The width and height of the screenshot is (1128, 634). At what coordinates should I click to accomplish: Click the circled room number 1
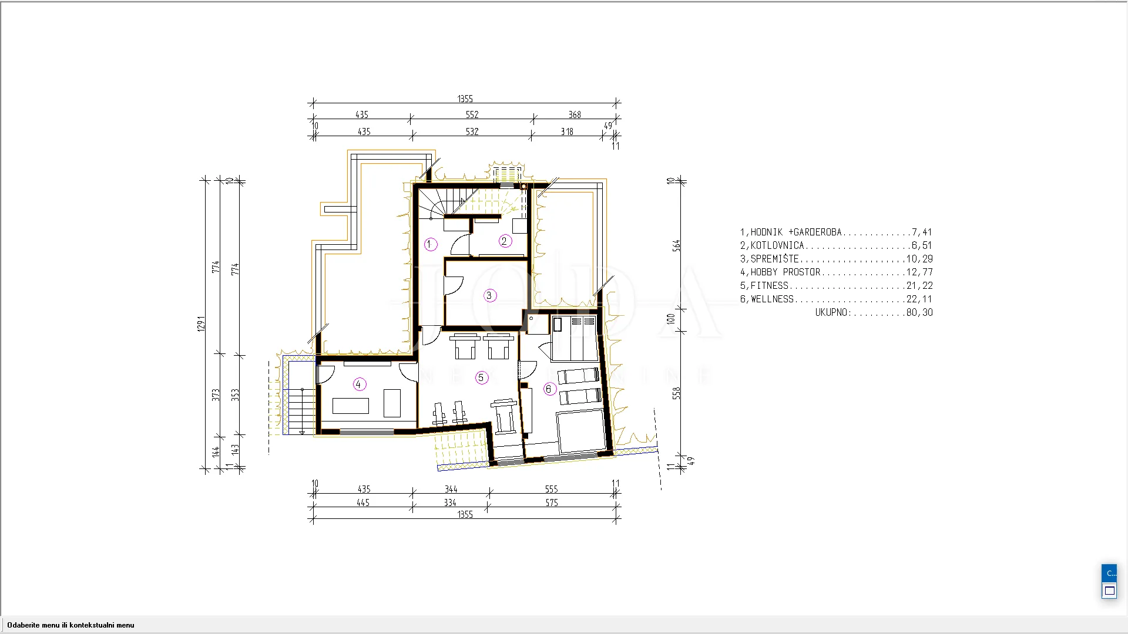431,244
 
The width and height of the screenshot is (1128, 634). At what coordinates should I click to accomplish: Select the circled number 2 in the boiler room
505,241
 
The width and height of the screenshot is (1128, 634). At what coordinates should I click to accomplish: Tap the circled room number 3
490,295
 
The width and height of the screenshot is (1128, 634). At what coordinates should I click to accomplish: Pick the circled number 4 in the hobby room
360,384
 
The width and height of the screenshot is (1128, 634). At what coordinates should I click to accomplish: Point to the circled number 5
482,377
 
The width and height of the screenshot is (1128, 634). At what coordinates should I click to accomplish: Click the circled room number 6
549,389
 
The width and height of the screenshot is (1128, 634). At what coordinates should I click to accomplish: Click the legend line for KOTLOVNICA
836,245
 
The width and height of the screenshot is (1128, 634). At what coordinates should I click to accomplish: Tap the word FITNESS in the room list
770,285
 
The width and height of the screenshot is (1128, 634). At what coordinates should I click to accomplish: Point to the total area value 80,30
919,312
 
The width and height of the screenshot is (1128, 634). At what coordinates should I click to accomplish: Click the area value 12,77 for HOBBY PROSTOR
919,272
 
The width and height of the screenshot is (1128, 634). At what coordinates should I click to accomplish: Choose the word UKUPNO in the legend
831,312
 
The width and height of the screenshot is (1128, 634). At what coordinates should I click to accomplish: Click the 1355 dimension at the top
465,99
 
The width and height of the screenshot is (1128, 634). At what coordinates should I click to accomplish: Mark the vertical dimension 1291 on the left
202,323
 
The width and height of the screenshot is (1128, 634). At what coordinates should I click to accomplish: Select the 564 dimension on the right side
677,245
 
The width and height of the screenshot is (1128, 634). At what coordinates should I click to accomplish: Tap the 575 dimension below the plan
552,503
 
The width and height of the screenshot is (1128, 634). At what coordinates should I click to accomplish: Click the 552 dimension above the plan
472,114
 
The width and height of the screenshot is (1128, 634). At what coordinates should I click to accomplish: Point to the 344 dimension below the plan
451,489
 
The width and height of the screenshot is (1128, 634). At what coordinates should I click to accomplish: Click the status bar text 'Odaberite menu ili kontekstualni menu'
70,625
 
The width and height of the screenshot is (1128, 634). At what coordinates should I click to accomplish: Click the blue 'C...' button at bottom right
1109,573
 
